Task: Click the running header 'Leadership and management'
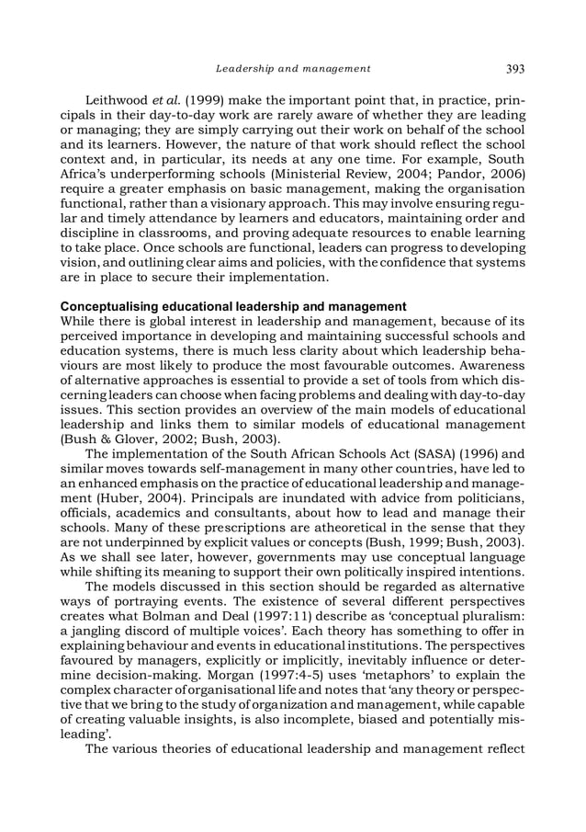pyautogui.click(x=293, y=68)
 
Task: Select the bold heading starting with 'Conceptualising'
pyautogui.click(x=233, y=305)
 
